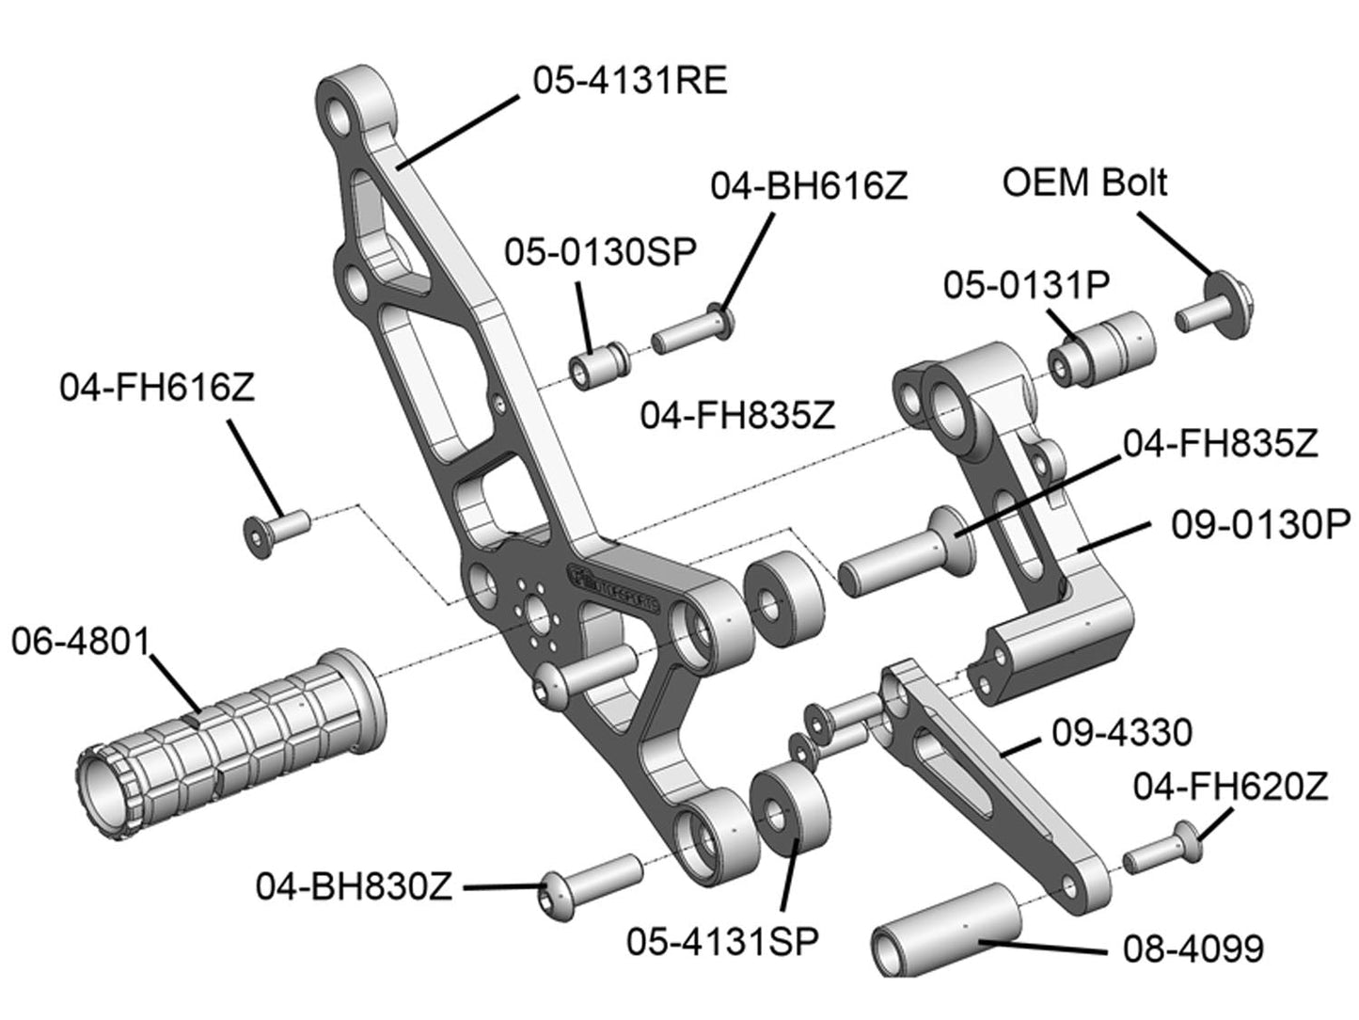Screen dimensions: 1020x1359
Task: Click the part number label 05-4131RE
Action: pos(629,81)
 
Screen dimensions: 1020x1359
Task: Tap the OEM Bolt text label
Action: pos(1084,182)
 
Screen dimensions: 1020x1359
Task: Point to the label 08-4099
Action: pos(1193,948)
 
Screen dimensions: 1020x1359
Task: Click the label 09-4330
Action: pos(1121,732)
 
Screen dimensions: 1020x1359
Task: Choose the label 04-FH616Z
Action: pos(157,388)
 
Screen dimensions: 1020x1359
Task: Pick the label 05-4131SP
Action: pos(722,940)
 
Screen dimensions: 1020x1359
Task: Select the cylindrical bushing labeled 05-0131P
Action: pos(1100,353)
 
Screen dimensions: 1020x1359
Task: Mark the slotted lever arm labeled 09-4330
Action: pos(988,781)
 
